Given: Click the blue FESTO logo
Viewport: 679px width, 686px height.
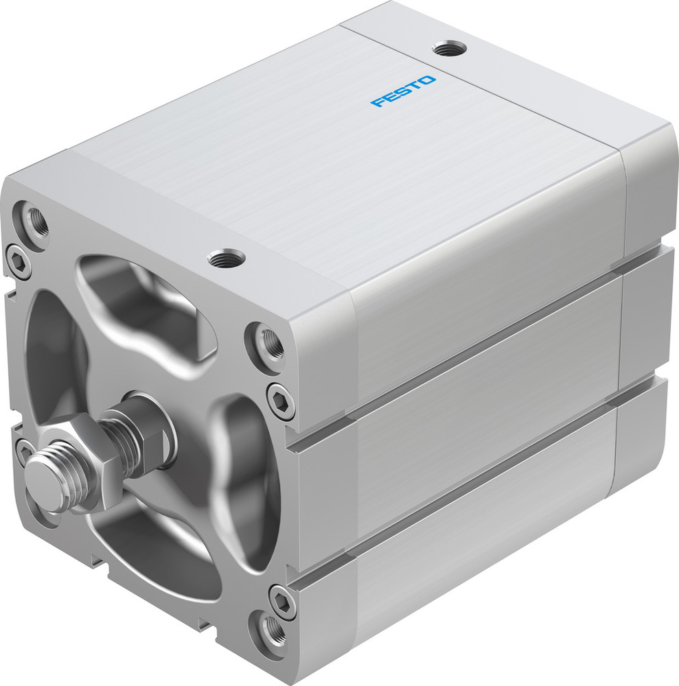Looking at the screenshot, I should (x=403, y=91).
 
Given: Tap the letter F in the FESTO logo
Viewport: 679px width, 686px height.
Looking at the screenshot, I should (x=377, y=103).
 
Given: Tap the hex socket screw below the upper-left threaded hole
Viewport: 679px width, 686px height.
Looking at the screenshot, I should (x=16, y=259).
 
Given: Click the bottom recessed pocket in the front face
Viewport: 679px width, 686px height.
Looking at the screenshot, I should (x=158, y=556).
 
